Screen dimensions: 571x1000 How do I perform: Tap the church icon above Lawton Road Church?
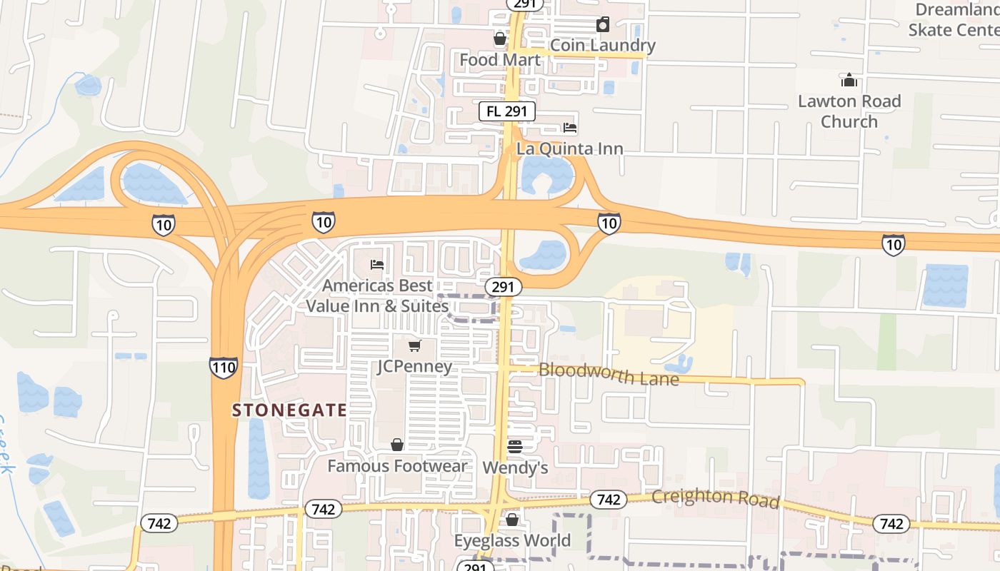[849, 79]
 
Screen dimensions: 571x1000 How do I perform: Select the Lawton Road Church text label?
[849, 111]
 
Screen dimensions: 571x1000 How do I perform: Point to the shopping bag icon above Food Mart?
[500, 39]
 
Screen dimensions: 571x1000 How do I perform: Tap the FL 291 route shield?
[506, 111]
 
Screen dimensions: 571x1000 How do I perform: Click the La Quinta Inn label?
[569, 148]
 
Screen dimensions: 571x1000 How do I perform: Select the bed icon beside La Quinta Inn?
[570, 128]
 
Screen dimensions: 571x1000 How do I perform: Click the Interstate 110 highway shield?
[224, 368]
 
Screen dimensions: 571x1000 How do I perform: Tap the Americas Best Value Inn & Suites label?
[377, 295]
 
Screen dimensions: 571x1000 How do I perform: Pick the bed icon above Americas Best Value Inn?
[377, 265]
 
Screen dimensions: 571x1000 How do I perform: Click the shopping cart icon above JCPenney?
[414, 346]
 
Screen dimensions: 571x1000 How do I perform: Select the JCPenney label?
[414, 367]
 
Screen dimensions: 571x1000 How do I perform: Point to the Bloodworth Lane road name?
[609, 374]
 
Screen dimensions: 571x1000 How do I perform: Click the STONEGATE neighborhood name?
[289, 410]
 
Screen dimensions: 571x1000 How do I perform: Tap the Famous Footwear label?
[397, 466]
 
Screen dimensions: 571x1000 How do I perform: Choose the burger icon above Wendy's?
[515, 447]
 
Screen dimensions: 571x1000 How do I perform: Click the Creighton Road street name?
[714, 498]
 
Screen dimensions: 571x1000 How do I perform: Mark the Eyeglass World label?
[512, 540]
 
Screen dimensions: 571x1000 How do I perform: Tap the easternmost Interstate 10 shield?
[893, 245]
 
